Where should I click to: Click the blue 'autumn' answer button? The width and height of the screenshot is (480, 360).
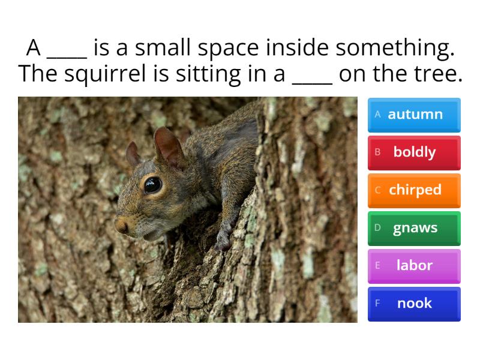pyautogui.click(x=414, y=115)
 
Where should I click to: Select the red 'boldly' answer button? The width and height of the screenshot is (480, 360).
pyautogui.click(x=414, y=152)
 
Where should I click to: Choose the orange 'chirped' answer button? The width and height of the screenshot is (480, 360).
pyautogui.click(x=414, y=190)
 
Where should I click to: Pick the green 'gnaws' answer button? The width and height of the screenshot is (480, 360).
pyautogui.click(x=414, y=228)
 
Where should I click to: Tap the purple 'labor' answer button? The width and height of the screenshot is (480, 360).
pyautogui.click(x=414, y=266)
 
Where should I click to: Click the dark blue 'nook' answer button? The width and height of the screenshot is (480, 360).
pyautogui.click(x=414, y=304)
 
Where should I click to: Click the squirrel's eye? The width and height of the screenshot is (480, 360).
pyautogui.click(x=152, y=184)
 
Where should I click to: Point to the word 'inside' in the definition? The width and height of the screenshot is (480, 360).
pyautogui.click(x=299, y=48)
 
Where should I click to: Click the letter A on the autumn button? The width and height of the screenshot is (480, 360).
pyautogui.click(x=378, y=114)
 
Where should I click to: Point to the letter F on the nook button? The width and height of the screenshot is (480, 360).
pyautogui.click(x=378, y=303)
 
